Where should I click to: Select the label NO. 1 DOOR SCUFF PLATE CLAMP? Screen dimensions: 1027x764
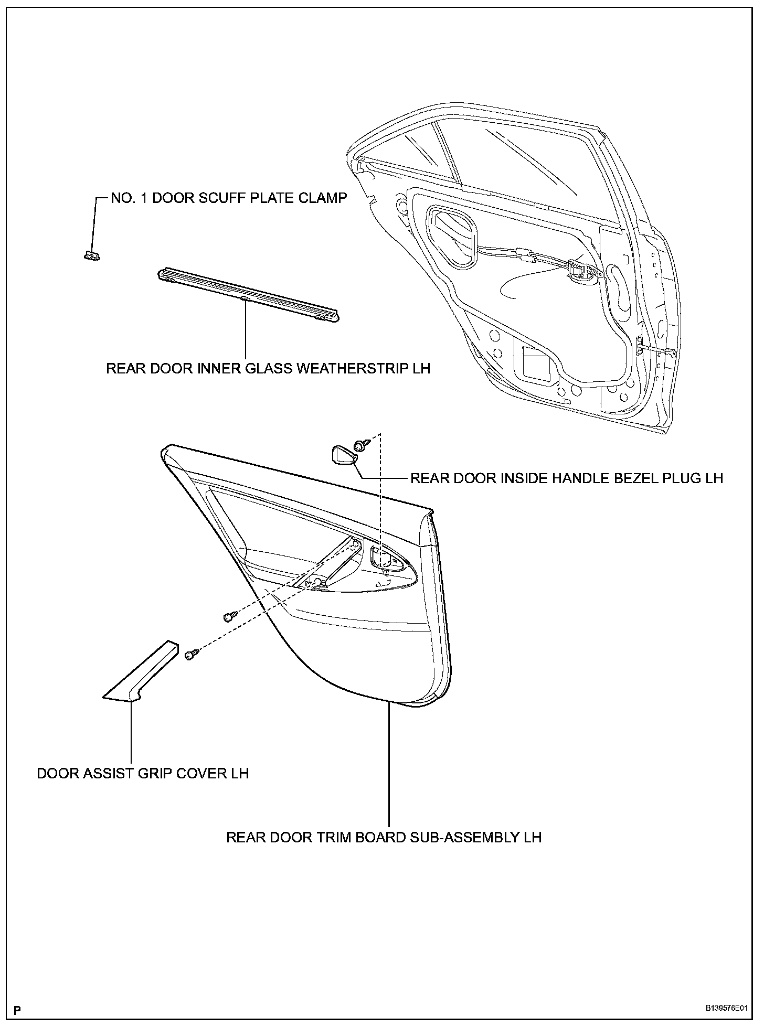click(229, 198)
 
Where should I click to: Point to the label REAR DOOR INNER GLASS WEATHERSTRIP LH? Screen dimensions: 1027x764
click(268, 368)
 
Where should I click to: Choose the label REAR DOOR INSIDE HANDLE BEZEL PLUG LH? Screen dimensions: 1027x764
click(566, 478)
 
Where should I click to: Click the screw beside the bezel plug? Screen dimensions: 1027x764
click(361, 445)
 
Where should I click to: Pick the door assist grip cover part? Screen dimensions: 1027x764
click(140, 672)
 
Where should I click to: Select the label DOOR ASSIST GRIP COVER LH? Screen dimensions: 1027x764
click(142, 773)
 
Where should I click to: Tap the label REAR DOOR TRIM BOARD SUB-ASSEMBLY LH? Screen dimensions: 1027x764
click(384, 837)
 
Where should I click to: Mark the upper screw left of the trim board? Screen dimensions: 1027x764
click(229, 617)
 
